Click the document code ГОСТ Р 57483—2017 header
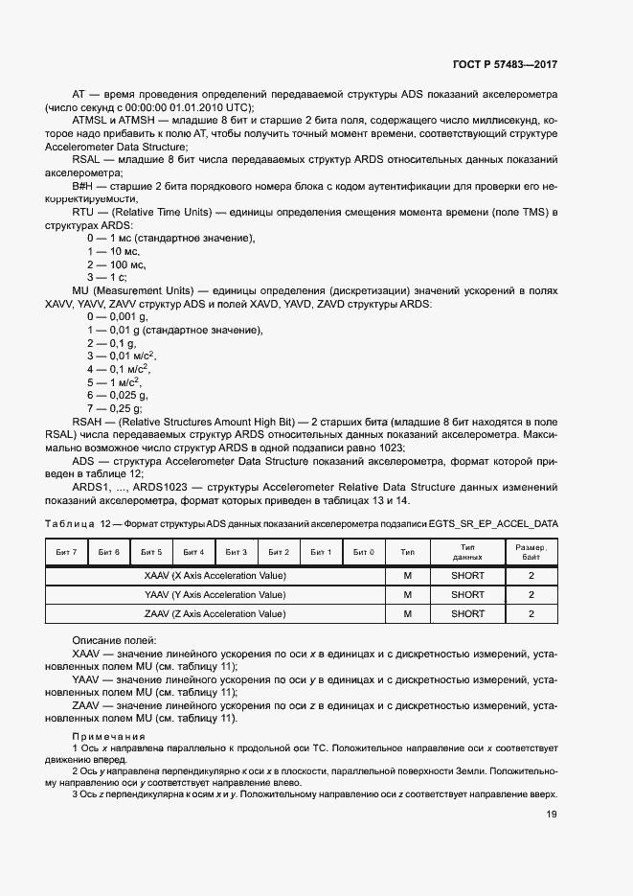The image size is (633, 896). pos(505,64)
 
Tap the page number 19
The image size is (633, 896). pos(551,815)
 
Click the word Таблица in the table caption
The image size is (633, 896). pos(70,524)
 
